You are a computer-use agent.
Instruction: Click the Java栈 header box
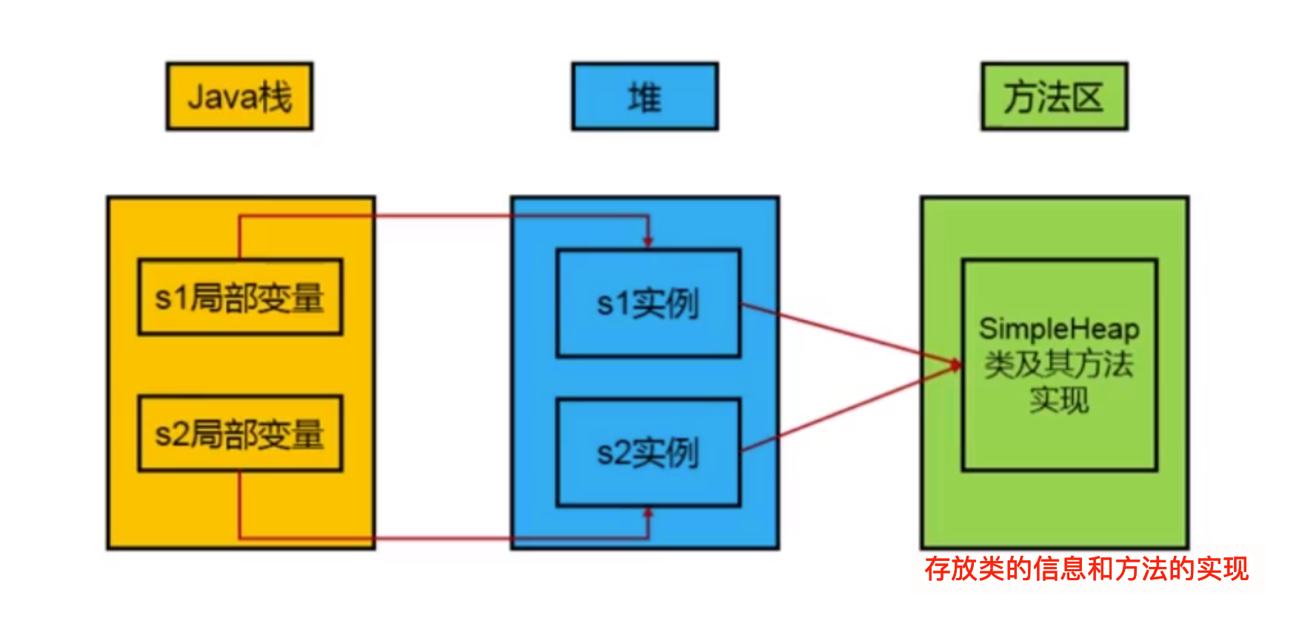[239, 96]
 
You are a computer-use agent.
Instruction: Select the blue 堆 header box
[644, 96]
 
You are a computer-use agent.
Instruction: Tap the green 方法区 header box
[1054, 96]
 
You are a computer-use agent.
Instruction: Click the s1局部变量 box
[240, 297]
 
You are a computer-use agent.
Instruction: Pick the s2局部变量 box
[240, 434]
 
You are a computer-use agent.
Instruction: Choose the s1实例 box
[648, 303]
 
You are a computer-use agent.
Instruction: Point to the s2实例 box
[648, 453]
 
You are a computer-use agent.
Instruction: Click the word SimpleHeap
[1059, 329]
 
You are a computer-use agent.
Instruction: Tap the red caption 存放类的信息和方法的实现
[1086, 568]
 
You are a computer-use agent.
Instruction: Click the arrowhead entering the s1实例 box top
[648, 241]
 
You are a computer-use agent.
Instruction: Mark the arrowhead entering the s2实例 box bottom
[648, 513]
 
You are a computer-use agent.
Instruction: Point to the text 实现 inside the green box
[1059, 400]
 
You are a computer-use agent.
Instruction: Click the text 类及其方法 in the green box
[1059, 364]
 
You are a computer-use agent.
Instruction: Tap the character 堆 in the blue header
[644, 97]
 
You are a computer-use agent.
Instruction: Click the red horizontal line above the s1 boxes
[444, 216]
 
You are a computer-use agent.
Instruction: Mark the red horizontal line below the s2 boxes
[444, 538]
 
